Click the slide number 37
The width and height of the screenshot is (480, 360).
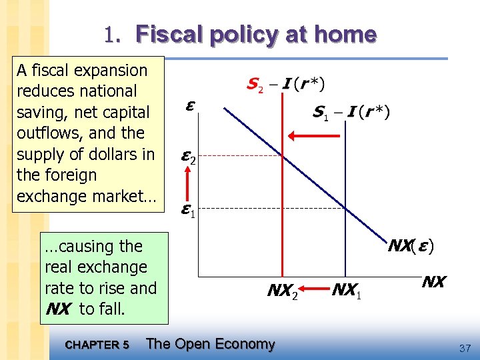coord(465,348)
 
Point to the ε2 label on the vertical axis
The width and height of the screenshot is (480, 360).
coord(189,157)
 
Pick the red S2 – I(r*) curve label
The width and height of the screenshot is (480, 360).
coord(285,85)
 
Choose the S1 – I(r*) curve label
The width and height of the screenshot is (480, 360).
coord(351,112)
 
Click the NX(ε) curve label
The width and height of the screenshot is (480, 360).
coord(411,246)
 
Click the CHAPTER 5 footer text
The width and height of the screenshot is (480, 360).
coord(97,345)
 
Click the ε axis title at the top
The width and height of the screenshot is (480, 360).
coord(190,105)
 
